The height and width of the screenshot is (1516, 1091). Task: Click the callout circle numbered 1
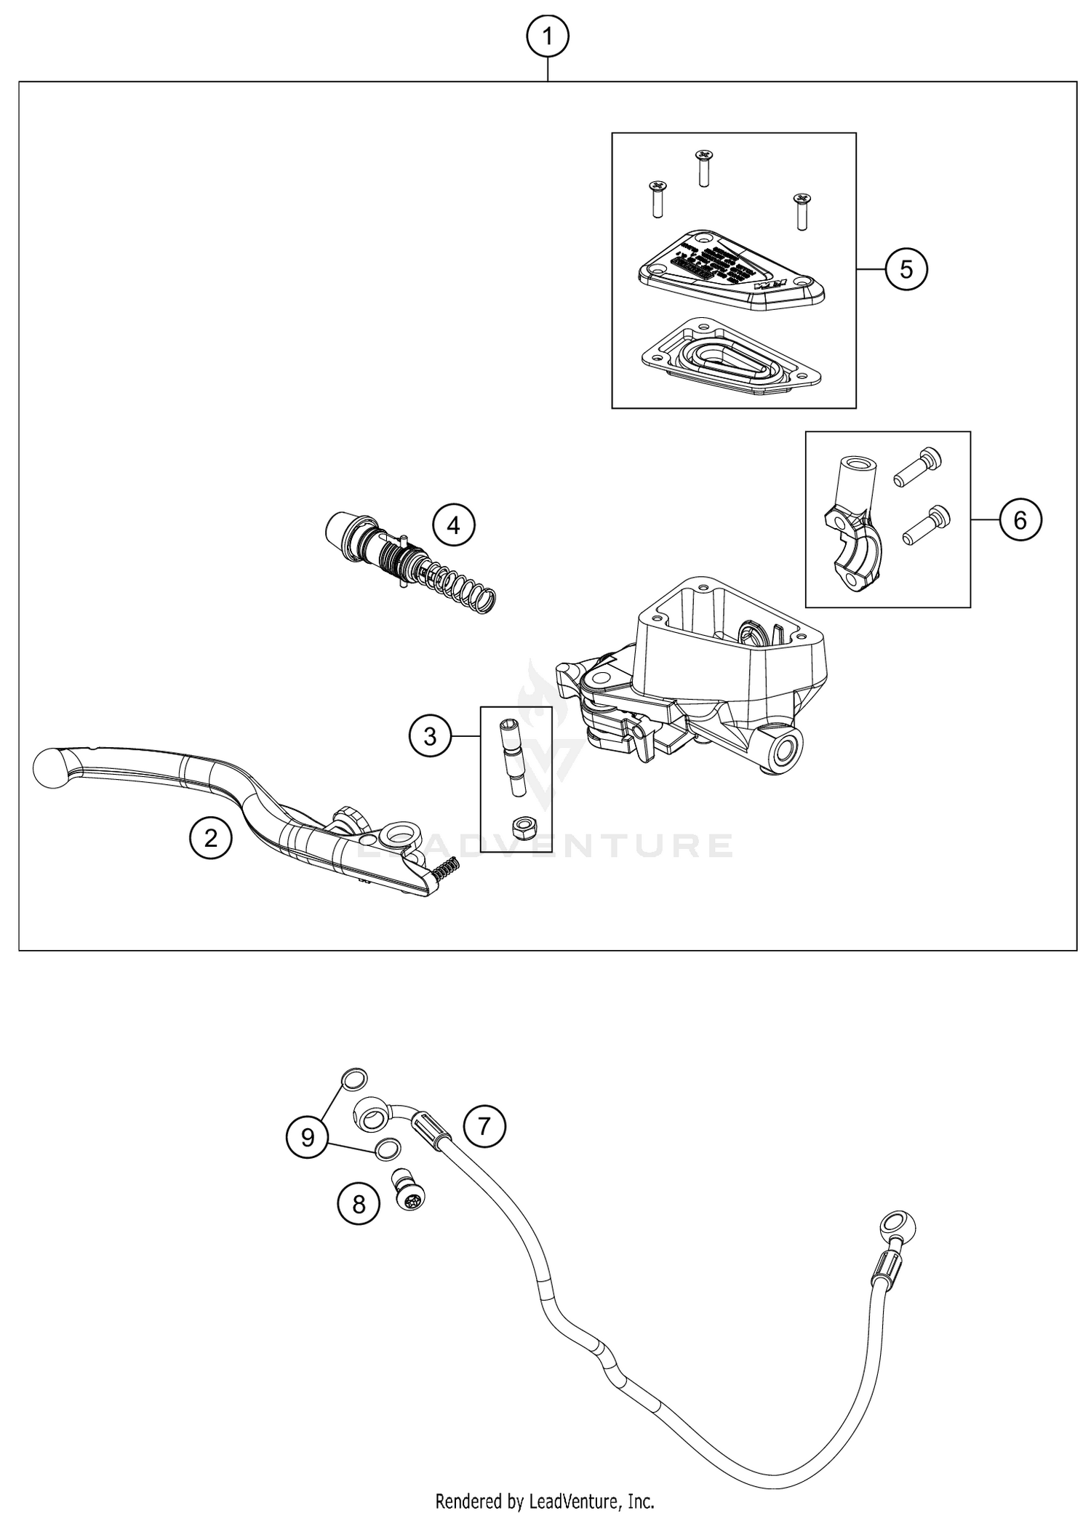pyautogui.click(x=548, y=36)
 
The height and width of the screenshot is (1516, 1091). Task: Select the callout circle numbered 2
pyautogui.click(x=211, y=839)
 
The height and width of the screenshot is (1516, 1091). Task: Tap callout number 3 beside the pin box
pyautogui.click(x=430, y=736)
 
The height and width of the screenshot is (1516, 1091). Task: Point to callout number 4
pyautogui.click(x=454, y=524)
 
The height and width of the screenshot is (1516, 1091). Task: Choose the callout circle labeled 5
pyautogui.click(x=906, y=269)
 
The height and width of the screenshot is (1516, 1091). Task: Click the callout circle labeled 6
pyautogui.click(x=1020, y=520)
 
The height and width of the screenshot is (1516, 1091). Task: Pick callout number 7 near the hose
pyautogui.click(x=484, y=1127)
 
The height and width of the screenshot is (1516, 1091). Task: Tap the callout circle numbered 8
pyautogui.click(x=359, y=1205)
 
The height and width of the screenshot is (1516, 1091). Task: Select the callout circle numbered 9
pyautogui.click(x=308, y=1137)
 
